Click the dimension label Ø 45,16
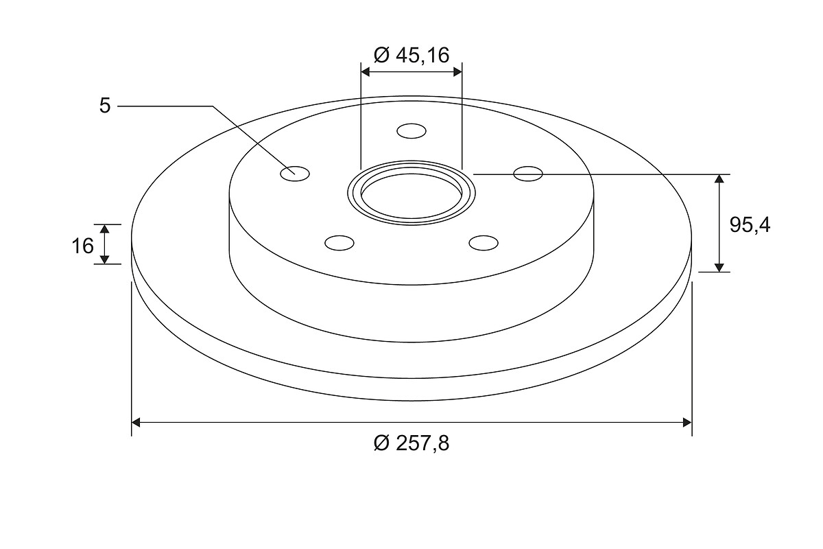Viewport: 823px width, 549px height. [x=411, y=56]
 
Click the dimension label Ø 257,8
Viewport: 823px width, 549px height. [x=411, y=443]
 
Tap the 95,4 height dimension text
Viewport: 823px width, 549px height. [x=750, y=225]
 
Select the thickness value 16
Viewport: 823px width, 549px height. [x=83, y=246]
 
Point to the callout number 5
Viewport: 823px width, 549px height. [x=105, y=106]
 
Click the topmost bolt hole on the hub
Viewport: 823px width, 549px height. [x=411, y=131]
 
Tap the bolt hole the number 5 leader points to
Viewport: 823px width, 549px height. [x=295, y=174]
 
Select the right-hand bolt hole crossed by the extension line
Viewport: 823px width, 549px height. [x=528, y=174]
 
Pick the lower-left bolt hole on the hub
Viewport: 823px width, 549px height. [x=339, y=243]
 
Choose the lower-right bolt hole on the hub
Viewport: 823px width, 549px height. [x=484, y=243]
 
